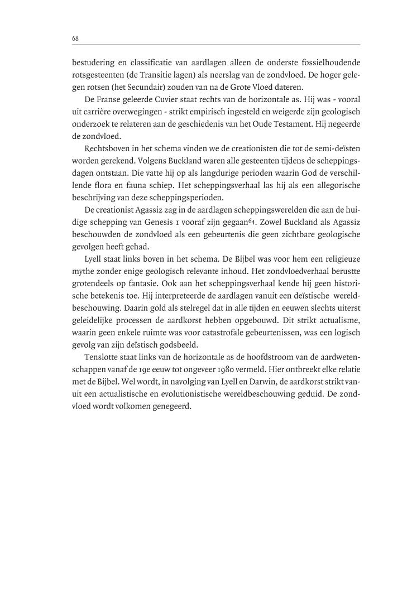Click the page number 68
pos(75,38)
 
